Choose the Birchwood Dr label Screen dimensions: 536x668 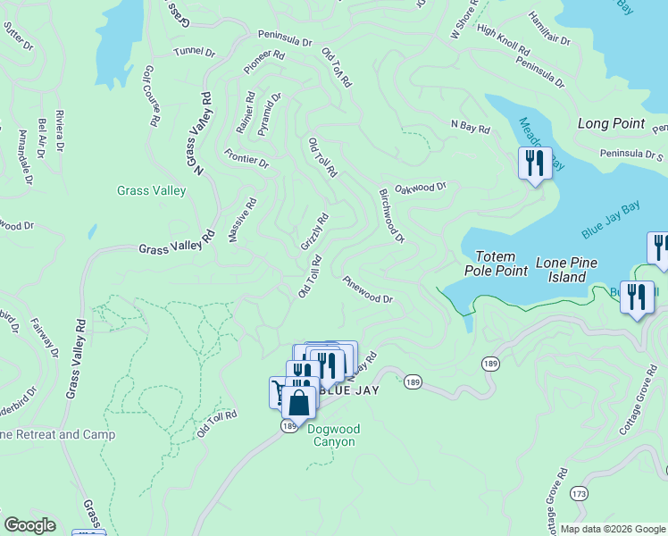pos(392,215)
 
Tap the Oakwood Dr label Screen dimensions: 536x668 pos(420,188)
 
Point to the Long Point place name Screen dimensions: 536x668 pos(611,124)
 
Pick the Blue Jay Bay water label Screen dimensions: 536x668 pos(611,221)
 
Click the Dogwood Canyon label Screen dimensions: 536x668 pos(331,435)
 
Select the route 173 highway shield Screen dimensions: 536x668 pos(580,493)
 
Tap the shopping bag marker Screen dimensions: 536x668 pos(301,403)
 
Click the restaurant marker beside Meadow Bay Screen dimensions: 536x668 pos(535,163)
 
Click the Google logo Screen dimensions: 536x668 pos(29,525)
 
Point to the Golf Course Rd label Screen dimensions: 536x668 pos(152,94)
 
